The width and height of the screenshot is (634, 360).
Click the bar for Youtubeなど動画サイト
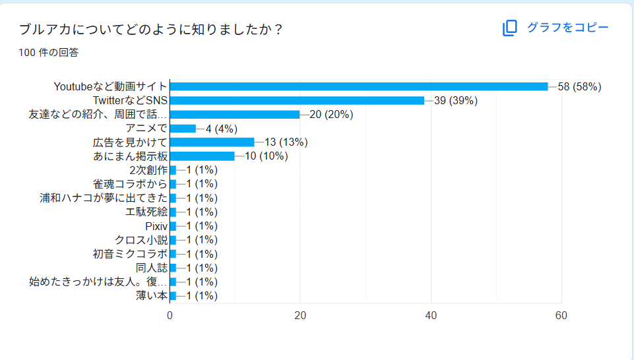359,86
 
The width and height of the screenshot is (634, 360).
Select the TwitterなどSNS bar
297,100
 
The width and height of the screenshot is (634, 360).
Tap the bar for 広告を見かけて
212,142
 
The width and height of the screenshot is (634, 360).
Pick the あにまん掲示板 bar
202,156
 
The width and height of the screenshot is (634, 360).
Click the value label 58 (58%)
579,86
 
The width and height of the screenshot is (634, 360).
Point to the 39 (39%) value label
455,100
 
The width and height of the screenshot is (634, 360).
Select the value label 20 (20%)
331,114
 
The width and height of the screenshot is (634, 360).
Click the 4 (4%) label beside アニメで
221,128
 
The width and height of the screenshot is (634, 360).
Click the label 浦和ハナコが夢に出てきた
104,198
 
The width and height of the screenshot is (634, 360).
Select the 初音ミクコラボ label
130,254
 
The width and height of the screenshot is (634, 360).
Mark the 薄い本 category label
152,295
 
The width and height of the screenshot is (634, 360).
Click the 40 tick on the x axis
431,316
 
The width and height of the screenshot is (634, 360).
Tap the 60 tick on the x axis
561,316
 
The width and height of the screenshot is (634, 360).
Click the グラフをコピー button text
567,28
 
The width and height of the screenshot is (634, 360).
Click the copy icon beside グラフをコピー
509,28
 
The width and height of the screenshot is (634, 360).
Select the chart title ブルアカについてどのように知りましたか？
151,30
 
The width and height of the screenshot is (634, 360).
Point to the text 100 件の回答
49,53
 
